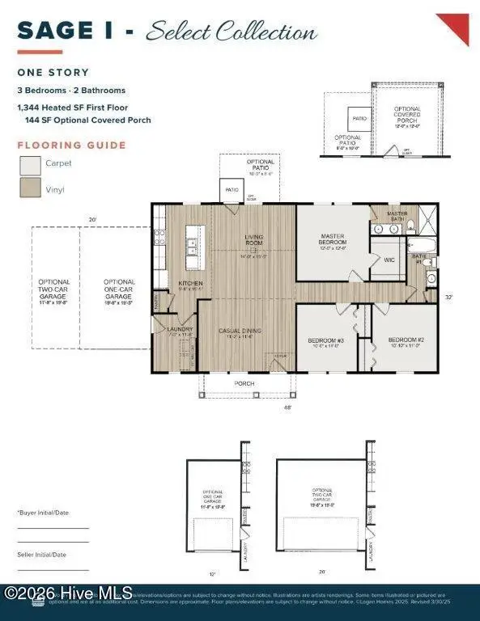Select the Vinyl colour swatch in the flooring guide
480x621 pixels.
pyautogui.click(x=31, y=188)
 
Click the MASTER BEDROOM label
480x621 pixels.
pyautogui.click(x=332, y=239)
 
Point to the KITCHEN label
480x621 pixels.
pyautogui.click(x=190, y=283)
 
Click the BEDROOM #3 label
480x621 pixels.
pyautogui.click(x=326, y=340)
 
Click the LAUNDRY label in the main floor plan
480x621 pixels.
pyautogui.click(x=178, y=330)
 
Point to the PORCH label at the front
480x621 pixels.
pyautogui.click(x=244, y=383)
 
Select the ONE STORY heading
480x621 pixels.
pyautogui.click(x=53, y=72)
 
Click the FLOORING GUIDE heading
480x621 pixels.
pyautogui.click(x=72, y=146)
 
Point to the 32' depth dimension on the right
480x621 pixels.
pyautogui.click(x=448, y=298)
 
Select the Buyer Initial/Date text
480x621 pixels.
pyautogui.click(x=42, y=513)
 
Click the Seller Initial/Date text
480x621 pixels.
pyautogui.click(x=42, y=555)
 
